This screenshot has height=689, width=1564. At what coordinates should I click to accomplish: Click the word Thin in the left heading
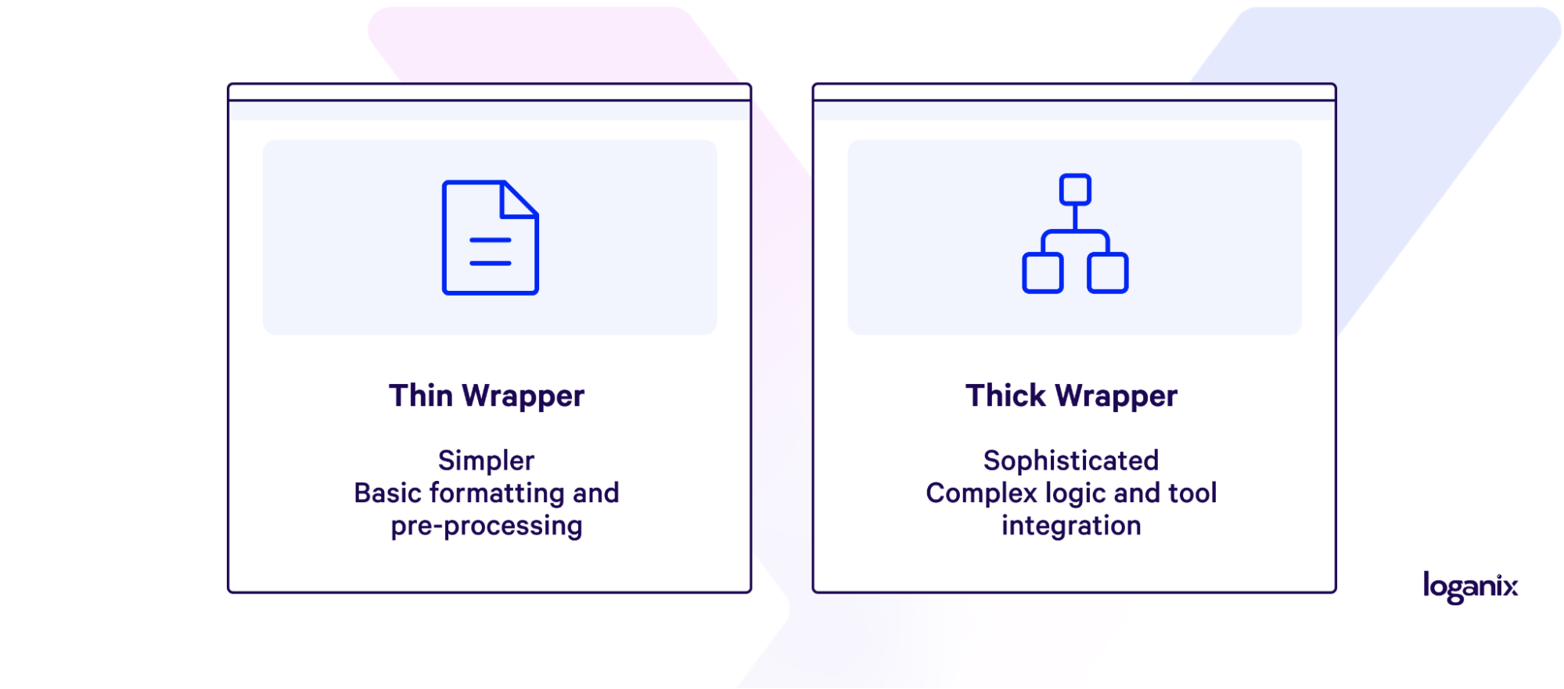coord(421,396)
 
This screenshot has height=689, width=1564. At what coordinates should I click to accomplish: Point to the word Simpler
coord(486,461)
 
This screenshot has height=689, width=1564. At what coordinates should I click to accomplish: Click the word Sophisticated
coord(1070,461)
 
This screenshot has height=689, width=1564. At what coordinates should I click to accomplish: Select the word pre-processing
coord(486,526)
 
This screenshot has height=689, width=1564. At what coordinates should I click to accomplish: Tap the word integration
coord(1070,526)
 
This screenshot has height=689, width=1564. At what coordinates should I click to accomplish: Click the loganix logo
coord(1469,587)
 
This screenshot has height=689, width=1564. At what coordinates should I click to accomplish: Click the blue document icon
coord(490,238)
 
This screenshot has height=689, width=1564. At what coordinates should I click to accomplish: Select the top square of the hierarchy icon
coord(1075,189)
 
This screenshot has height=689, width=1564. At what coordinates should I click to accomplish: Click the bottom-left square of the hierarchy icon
coord(1042,273)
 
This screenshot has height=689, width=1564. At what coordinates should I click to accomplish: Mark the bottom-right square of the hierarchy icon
coord(1107,273)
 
